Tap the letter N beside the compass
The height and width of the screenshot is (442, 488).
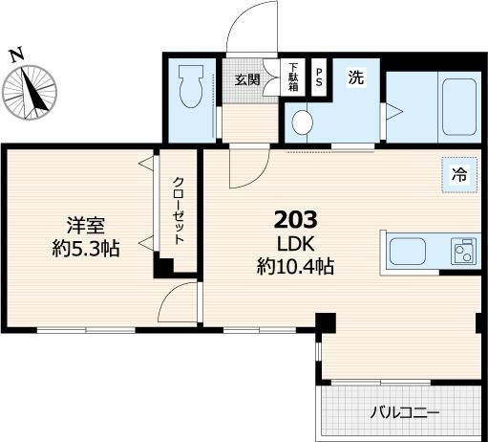[16, 55]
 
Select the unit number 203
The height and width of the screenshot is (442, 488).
[295, 219]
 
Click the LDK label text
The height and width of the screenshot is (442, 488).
[296, 244]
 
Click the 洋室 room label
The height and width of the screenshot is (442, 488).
[84, 226]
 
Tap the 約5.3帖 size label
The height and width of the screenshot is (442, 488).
[84, 249]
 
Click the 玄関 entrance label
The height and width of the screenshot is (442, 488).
[246, 79]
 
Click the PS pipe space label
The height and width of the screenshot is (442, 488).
[319, 77]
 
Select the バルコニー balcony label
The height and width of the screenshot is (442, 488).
[405, 414]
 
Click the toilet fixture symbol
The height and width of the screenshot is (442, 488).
[190, 88]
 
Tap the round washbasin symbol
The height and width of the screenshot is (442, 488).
[303, 122]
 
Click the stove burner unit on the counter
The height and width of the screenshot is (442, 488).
[465, 253]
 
